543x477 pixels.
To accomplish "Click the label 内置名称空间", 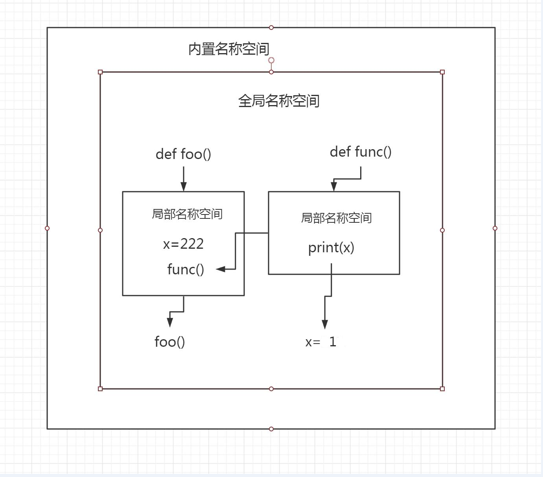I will tap(229, 49).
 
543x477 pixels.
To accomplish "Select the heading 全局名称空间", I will tap(279, 101).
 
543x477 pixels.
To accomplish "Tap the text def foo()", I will tap(183, 154).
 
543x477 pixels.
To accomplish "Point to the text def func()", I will tap(361, 152).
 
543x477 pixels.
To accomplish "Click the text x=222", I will tap(183, 244).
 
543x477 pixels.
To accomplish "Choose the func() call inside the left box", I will tap(186, 270).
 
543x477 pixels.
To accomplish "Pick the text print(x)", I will tap(331, 248).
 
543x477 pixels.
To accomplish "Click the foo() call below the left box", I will tap(169, 342).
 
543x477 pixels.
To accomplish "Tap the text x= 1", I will tap(321, 342).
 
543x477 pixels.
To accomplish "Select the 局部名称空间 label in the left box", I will tap(187, 214).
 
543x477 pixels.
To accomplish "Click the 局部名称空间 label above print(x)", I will tap(336, 218).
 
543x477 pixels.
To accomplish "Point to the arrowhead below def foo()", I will tap(184, 187).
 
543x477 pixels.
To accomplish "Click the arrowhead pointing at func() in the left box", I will tap(221, 269).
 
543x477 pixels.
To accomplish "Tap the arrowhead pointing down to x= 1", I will tap(325, 324).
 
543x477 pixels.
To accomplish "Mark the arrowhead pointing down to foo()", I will tap(170, 322).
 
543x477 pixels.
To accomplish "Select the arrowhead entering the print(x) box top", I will tap(334, 187).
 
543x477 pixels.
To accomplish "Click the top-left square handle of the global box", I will tap(100, 72).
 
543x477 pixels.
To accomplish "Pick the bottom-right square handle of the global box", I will tap(442, 389).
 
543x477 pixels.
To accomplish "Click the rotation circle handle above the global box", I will tap(271, 60).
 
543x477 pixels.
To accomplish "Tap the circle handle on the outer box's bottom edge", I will tap(271, 429).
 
